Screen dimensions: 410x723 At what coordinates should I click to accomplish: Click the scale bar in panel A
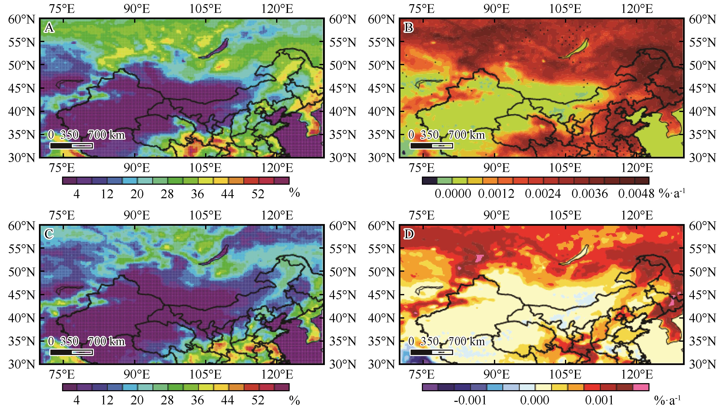[71, 146]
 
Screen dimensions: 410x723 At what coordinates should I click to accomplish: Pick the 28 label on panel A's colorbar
[167, 194]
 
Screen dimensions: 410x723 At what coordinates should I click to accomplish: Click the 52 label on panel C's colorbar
[258, 400]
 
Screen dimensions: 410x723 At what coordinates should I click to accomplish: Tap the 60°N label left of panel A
[22, 20]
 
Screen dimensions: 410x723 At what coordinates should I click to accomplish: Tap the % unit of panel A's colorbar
[294, 193]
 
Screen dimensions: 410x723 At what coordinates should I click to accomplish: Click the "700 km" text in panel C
[106, 341]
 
